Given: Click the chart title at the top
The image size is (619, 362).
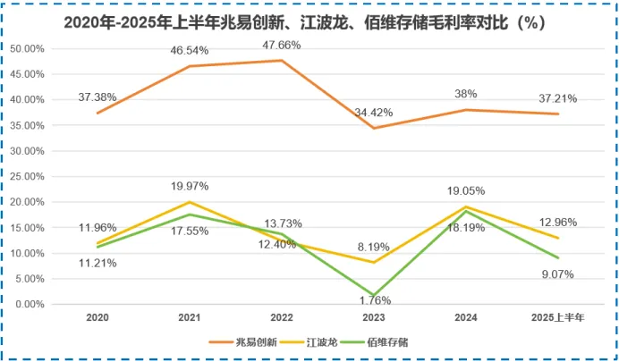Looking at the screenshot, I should (x=309, y=21).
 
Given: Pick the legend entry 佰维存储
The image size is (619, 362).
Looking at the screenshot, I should (x=392, y=341).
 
